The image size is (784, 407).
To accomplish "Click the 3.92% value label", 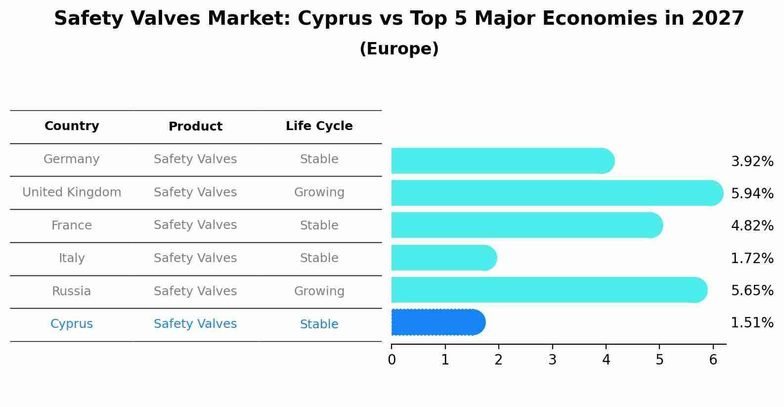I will click(x=752, y=161).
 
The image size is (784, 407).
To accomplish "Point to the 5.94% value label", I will click(x=752, y=193).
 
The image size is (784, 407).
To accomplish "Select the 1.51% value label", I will click(x=752, y=323).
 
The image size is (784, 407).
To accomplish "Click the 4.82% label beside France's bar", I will click(x=752, y=226).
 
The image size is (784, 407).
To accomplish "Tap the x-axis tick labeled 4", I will click(x=606, y=360).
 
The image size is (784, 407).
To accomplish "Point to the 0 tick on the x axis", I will click(x=392, y=360).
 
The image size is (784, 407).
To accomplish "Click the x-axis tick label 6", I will click(x=713, y=360).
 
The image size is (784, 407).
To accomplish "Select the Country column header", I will click(x=72, y=126).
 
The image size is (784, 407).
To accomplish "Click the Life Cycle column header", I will click(x=319, y=126).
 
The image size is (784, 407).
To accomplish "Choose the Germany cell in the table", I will click(x=72, y=159).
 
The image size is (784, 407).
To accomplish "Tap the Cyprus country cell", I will click(x=72, y=324).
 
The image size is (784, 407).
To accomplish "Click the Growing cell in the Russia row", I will click(x=319, y=291).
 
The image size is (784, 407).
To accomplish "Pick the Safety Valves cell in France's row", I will click(x=195, y=225).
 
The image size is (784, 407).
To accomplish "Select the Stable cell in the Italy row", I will click(x=319, y=258).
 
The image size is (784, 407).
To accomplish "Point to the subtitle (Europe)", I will click(x=399, y=49).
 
